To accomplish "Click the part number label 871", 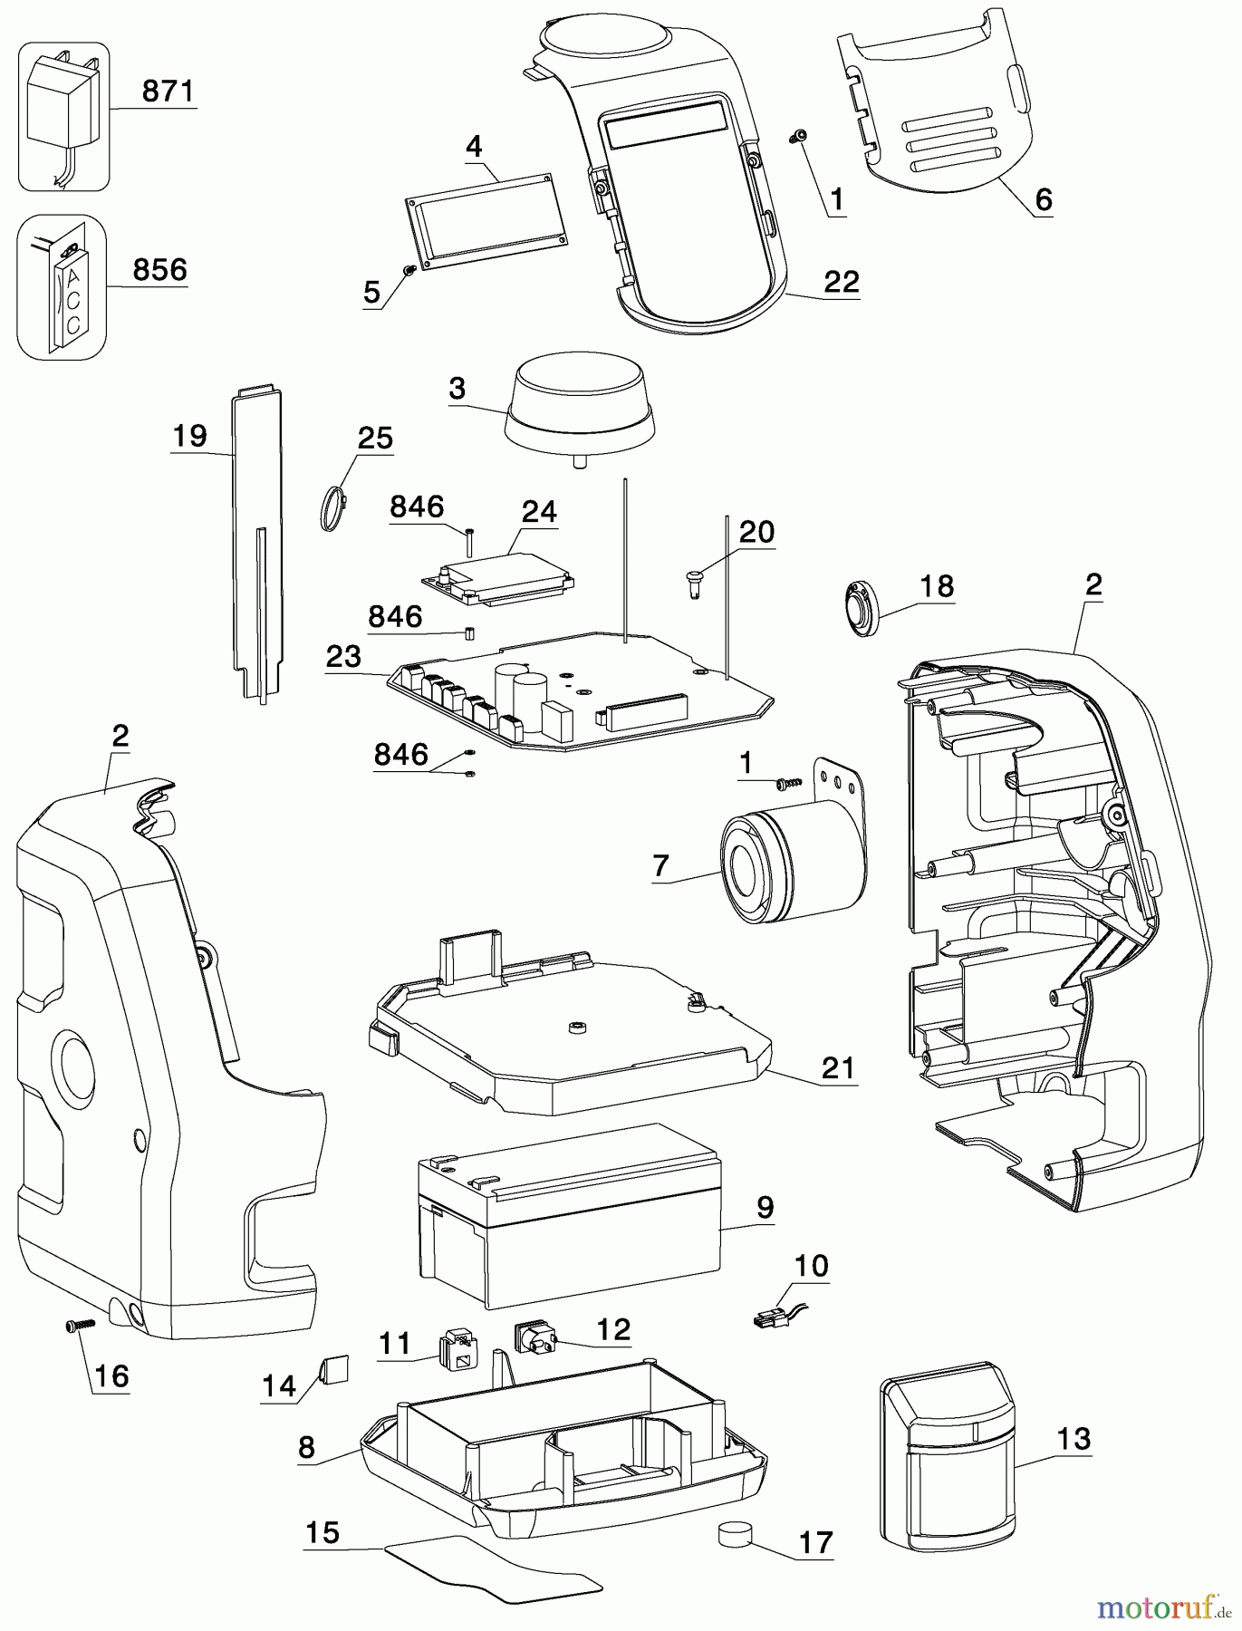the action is (168, 92).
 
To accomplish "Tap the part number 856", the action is (159, 270).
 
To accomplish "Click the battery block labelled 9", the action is (567, 1214).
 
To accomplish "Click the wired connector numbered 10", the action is (777, 1318).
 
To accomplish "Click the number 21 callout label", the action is (838, 1068).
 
